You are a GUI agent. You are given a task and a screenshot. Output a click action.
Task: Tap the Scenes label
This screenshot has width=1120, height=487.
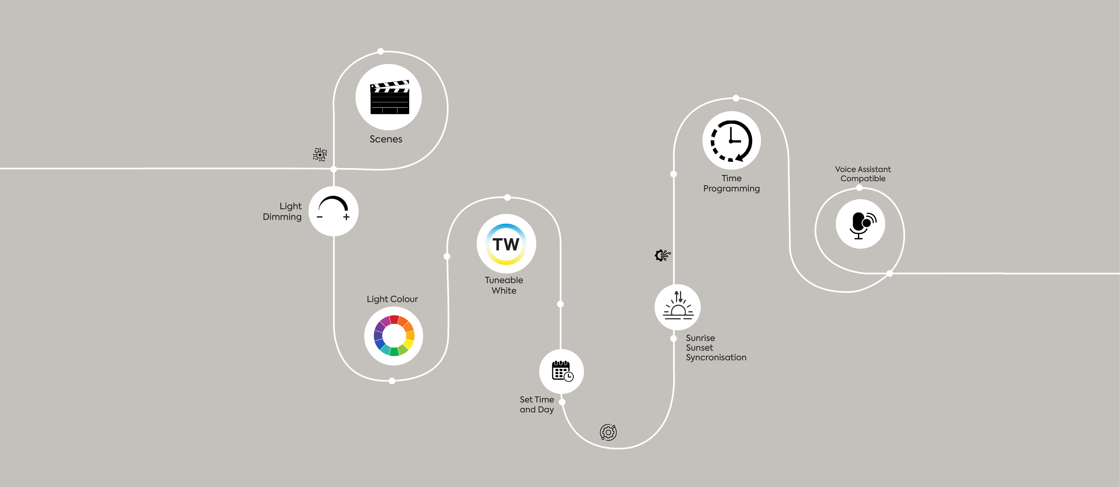click(386, 139)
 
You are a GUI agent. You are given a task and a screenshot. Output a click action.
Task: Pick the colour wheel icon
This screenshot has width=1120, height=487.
click(394, 335)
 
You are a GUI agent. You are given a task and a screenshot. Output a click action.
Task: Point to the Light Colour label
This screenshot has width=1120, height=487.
click(392, 299)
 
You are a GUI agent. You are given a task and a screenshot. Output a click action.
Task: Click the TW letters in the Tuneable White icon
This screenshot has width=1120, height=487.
click(506, 244)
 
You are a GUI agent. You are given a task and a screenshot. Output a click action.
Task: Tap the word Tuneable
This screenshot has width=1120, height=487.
click(504, 280)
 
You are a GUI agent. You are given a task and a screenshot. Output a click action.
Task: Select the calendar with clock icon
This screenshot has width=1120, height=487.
click(562, 371)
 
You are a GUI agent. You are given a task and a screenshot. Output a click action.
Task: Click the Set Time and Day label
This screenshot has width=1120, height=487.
click(537, 404)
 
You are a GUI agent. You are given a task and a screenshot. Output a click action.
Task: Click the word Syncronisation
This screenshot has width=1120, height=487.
click(716, 357)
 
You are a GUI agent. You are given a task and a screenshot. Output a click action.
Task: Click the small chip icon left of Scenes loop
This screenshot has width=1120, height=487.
click(320, 154)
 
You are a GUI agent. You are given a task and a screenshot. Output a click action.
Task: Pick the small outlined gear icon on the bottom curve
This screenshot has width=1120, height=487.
click(608, 432)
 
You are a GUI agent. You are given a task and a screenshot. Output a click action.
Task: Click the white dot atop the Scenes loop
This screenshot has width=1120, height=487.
click(380, 51)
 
